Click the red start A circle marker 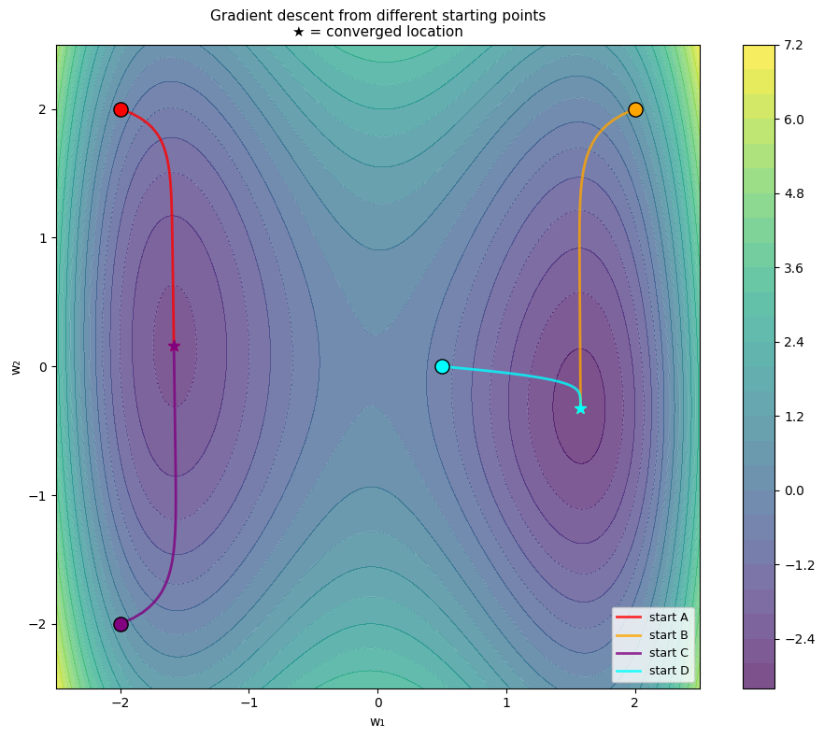(x=121, y=109)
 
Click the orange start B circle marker (x=635, y=109)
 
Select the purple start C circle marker (x=121, y=624)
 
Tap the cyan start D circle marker (x=442, y=366)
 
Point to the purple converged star (x=174, y=347)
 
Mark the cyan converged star (x=580, y=408)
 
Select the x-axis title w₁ (x=377, y=721)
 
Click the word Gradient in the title (x=239, y=15)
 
